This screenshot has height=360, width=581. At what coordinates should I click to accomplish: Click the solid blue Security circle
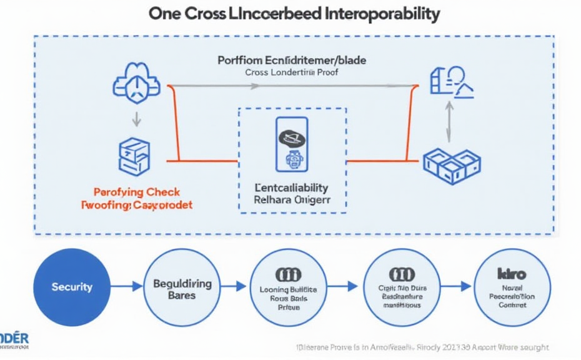72,287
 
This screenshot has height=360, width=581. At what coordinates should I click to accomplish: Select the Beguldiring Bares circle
182,287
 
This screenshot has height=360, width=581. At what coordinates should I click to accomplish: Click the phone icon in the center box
292,144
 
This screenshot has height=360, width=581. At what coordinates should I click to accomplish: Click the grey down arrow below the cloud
136,118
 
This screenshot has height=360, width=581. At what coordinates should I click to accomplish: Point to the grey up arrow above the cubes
448,123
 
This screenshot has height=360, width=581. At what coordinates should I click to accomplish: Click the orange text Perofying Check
136,192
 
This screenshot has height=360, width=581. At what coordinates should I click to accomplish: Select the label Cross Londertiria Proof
292,72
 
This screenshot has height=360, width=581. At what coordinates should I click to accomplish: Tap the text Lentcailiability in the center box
292,187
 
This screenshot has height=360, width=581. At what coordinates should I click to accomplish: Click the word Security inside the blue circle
72,287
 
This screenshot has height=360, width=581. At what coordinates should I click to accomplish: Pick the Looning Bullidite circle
288,287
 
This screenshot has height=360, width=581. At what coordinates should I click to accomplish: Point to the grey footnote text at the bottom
422,347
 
